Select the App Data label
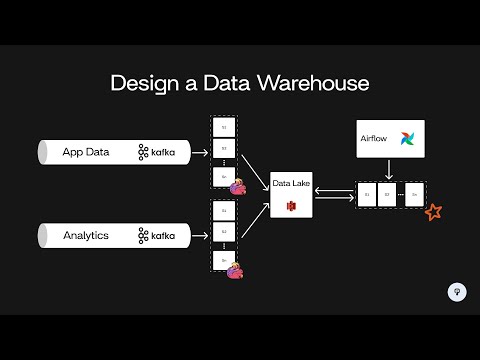86,153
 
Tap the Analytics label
87,236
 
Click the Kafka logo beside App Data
157,153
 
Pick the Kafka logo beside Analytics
157,236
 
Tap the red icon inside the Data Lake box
292,205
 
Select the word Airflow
373,139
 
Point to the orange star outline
434,212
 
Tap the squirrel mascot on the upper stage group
239,186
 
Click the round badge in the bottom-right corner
456,292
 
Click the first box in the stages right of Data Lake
367,194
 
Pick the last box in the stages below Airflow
414,194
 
